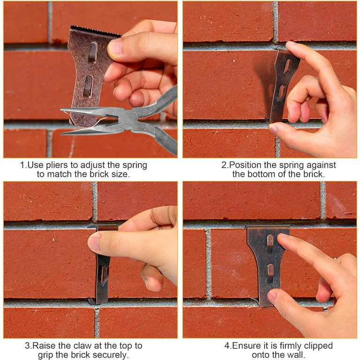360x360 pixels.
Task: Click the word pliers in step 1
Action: (x=57, y=165)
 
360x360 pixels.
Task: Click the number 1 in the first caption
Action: (x=22, y=165)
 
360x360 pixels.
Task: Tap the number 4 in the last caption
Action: (x=227, y=346)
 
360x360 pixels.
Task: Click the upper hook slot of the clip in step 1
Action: (x=92, y=52)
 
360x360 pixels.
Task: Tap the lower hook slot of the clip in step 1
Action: (x=88, y=86)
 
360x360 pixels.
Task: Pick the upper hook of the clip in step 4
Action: (x=270, y=242)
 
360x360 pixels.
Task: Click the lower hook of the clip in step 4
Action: (x=270, y=273)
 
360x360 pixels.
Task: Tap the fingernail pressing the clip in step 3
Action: (x=93, y=241)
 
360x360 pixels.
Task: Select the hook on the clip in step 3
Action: (x=105, y=276)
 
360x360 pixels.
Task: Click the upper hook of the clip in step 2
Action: (x=287, y=67)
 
